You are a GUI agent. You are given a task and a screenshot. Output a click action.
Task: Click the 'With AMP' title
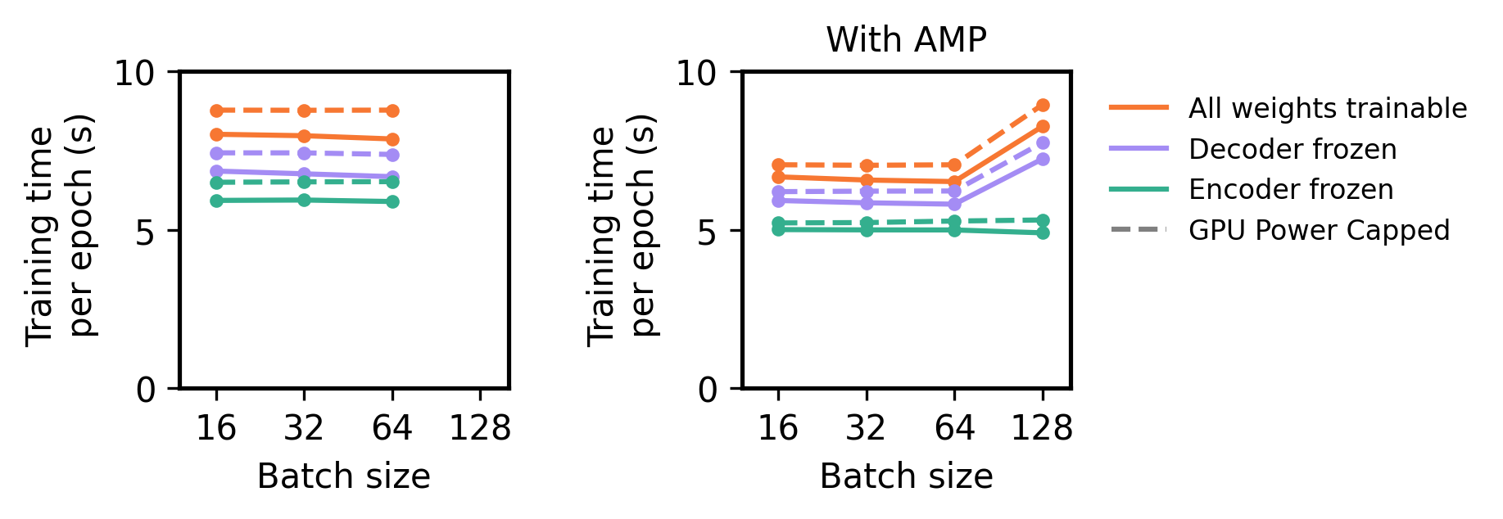click(x=906, y=40)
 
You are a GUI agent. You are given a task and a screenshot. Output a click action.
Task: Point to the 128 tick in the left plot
click(x=480, y=427)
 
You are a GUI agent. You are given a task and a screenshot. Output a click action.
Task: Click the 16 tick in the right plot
click(x=778, y=427)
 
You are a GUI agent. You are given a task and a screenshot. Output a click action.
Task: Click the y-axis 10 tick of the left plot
click(x=134, y=73)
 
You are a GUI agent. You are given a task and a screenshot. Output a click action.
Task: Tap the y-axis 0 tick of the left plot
click(x=145, y=390)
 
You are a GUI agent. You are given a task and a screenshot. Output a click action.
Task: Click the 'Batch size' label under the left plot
click(x=343, y=476)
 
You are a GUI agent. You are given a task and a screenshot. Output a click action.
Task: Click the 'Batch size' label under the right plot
click(x=906, y=476)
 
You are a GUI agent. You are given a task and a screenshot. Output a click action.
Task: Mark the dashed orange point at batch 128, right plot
click(x=1043, y=106)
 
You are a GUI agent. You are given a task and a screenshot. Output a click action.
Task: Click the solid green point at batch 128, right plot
click(x=1043, y=232)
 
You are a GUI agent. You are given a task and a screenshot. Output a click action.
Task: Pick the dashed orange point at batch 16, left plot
click(x=216, y=111)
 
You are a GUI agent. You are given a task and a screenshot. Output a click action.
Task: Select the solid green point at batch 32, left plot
click(x=304, y=200)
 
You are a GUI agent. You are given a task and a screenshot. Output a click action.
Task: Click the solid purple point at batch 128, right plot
click(x=1043, y=159)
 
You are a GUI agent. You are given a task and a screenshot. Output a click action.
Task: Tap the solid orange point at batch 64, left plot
click(x=392, y=139)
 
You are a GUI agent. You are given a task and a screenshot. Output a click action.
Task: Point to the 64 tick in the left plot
click(x=392, y=427)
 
